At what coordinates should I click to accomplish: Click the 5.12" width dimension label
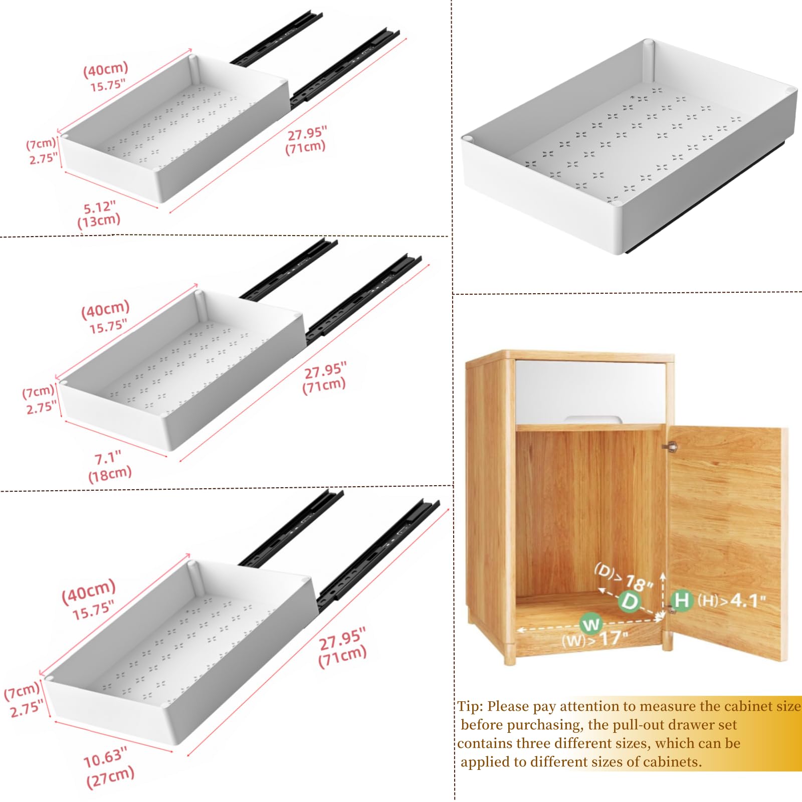click(99, 207)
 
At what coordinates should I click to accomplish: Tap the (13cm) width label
click(99, 221)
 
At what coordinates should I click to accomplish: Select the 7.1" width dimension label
click(108, 458)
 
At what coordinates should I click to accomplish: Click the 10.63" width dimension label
click(105, 757)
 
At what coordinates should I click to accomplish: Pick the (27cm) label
click(110, 777)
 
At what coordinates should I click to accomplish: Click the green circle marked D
click(630, 601)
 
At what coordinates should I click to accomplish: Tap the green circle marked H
click(682, 600)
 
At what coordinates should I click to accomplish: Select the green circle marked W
click(591, 624)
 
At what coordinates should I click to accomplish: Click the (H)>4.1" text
click(731, 600)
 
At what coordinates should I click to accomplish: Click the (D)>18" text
click(624, 576)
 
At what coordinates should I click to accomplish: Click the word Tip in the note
click(469, 706)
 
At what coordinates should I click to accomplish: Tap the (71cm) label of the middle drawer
click(324, 386)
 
